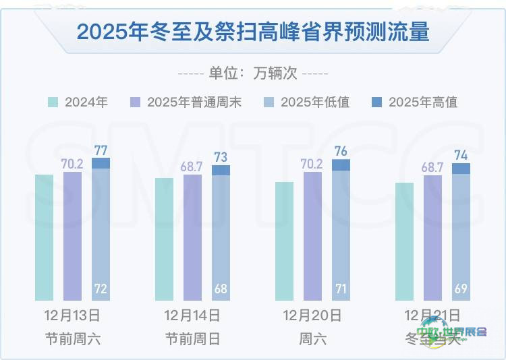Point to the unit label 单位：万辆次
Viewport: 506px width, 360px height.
253,73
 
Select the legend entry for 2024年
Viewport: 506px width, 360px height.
78,102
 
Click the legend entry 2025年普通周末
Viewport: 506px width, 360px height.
186,102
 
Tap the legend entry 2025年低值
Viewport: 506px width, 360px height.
307,102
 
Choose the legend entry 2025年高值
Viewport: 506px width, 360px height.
415,102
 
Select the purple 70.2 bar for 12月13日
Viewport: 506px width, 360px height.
72,236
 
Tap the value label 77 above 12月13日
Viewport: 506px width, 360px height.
101,150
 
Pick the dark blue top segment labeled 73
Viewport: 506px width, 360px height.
221,170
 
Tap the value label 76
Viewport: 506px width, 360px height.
341,151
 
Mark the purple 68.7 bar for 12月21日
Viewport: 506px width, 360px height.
432,237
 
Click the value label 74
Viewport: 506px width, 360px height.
461,154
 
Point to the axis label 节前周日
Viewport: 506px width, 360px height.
192,338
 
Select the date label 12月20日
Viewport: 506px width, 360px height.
312,316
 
